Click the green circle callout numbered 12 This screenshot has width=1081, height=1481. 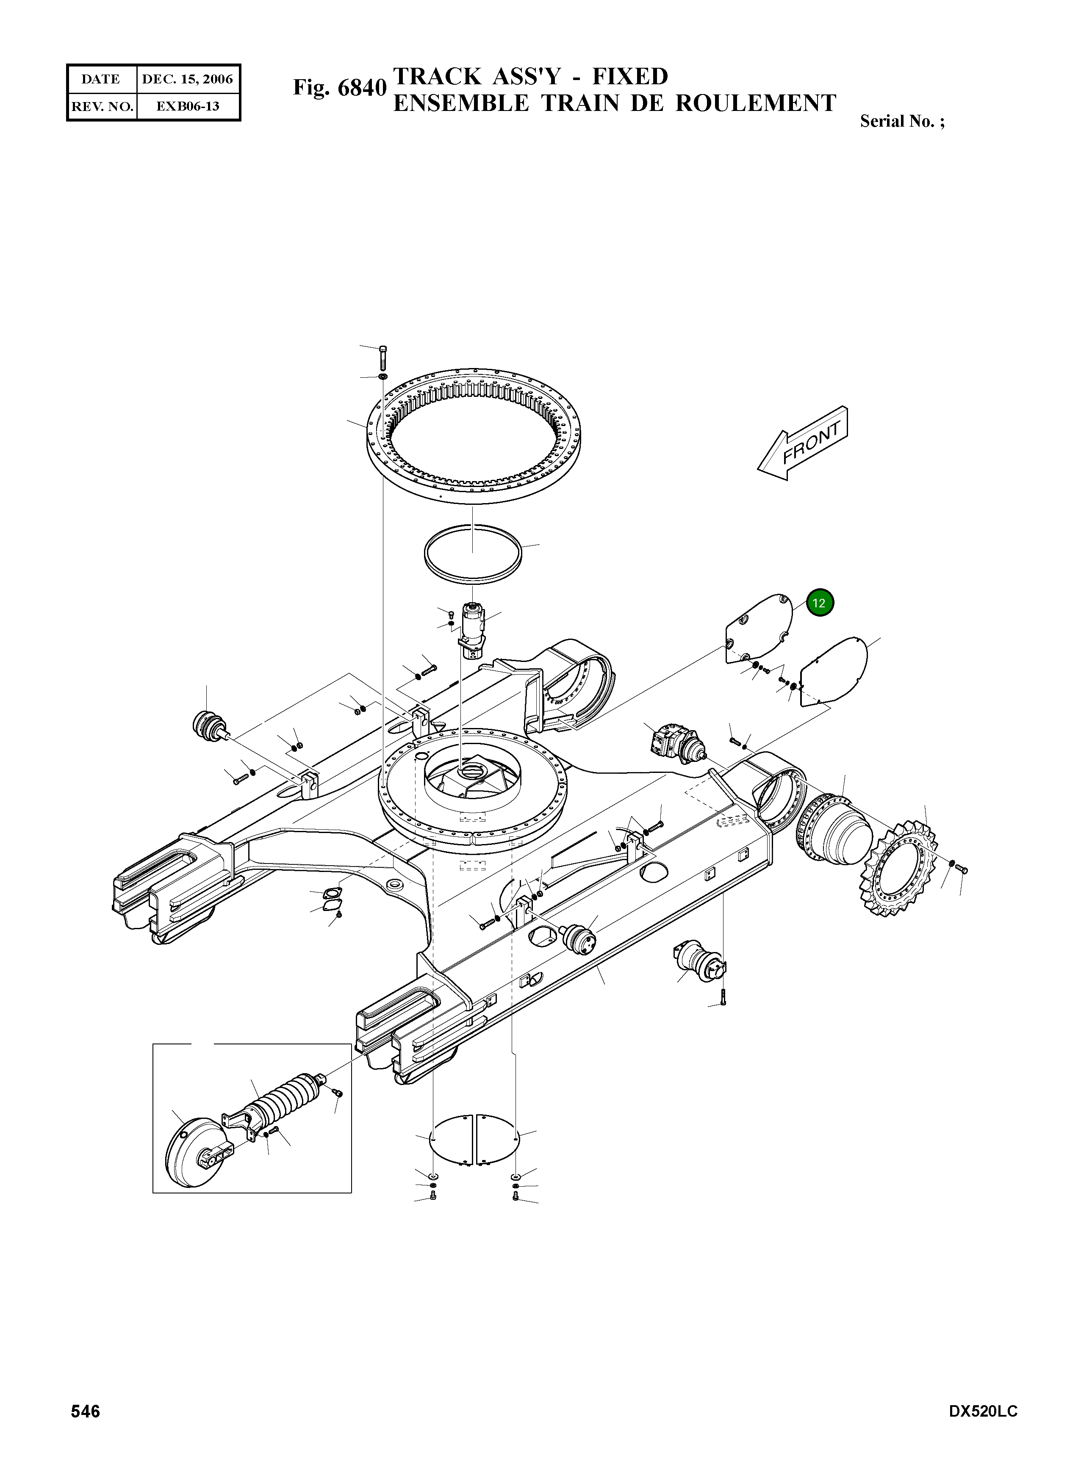pos(820,603)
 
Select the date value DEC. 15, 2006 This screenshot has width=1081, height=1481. pos(187,79)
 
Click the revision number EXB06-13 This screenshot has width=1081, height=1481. pos(187,106)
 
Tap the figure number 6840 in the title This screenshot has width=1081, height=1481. pos(362,88)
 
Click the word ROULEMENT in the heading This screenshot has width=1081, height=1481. pos(755,103)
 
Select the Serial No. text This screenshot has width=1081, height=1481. pos(902,121)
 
